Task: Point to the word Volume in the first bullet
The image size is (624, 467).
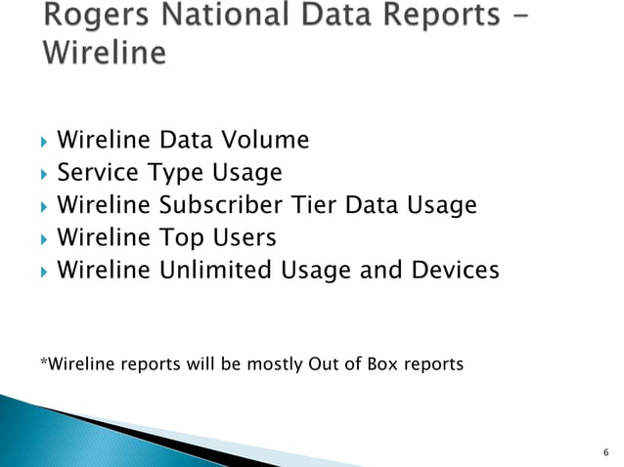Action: pyautogui.click(x=269, y=141)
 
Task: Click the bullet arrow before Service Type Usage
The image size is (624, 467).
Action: pyautogui.click(x=43, y=174)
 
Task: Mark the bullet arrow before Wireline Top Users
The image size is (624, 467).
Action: pyautogui.click(x=43, y=238)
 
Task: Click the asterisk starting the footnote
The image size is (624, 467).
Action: pyautogui.click(x=42, y=363)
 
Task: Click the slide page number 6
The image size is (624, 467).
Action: pyautogui.click(x=606, y=451)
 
